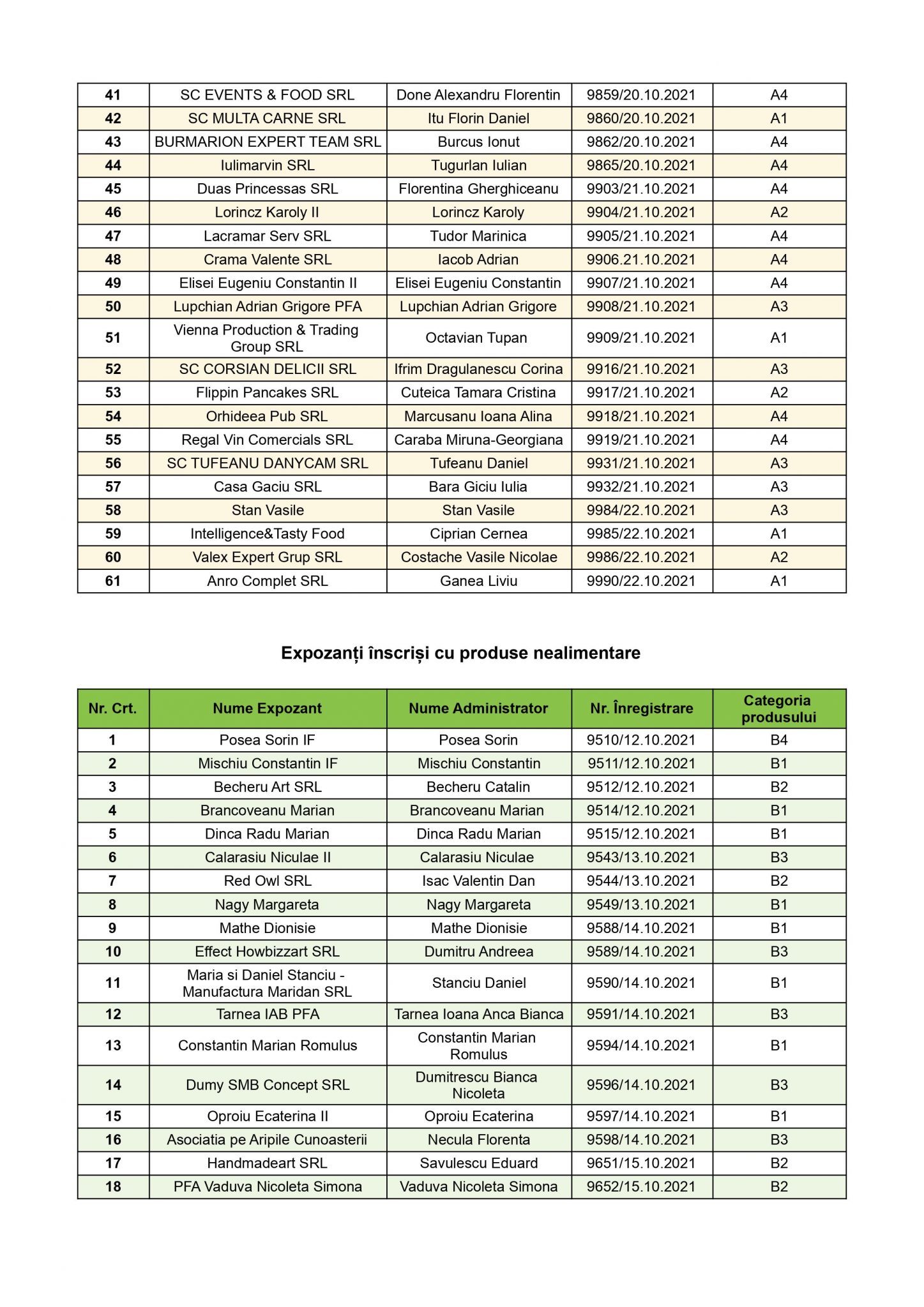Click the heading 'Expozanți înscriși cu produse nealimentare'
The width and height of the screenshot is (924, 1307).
460,653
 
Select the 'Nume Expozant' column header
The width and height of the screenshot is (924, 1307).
267,708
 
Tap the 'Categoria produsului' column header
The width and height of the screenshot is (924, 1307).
778,708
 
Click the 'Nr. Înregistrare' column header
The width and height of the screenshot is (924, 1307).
641,708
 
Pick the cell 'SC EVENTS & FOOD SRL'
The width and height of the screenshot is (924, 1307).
267,95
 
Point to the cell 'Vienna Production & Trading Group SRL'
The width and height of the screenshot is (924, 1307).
267,338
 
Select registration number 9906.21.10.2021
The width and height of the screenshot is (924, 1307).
641,260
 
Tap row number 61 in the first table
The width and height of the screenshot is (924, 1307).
113,581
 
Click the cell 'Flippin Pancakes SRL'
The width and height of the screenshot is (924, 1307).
267,393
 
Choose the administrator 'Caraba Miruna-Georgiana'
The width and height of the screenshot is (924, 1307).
478,440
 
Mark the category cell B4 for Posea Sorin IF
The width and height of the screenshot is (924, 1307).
778,740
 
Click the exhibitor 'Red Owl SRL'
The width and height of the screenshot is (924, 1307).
267,881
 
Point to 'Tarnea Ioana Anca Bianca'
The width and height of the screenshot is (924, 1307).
478,1015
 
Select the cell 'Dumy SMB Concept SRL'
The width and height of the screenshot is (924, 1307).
267,1085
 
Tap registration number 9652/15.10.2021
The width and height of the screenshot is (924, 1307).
641,1187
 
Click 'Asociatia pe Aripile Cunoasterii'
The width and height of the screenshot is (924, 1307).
267,1140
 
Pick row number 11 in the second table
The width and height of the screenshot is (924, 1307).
113,983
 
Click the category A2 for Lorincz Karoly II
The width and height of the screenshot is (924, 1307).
778,213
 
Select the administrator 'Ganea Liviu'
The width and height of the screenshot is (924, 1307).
478,581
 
